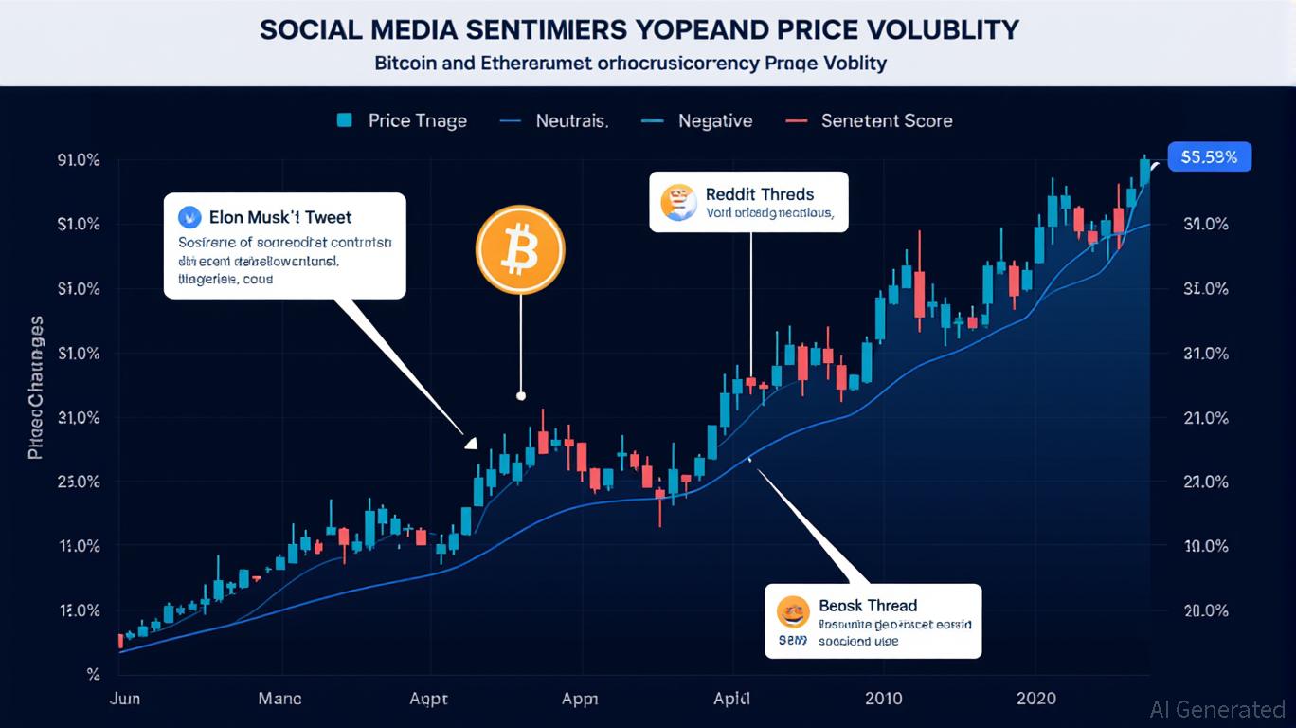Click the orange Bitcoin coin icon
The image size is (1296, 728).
[520, 250]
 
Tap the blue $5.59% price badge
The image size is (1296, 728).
[1210, 157]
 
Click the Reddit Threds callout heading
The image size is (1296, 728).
[760, 194]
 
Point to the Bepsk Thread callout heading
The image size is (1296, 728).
[868, 605]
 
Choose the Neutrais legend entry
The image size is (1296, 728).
[571, 120]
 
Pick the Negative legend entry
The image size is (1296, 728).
[714, 120]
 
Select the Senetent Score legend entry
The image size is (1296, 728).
[887, 120]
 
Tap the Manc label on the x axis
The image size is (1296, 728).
[280, 699]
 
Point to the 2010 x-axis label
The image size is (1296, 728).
[884, 699]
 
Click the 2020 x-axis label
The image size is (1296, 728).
[1036, 699]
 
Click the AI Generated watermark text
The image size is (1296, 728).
[1217, 709]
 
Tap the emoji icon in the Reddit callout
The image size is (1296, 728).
[677, 202]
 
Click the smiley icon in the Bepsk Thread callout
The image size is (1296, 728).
[793, 611]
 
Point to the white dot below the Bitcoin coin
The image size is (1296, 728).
[520, 395]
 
